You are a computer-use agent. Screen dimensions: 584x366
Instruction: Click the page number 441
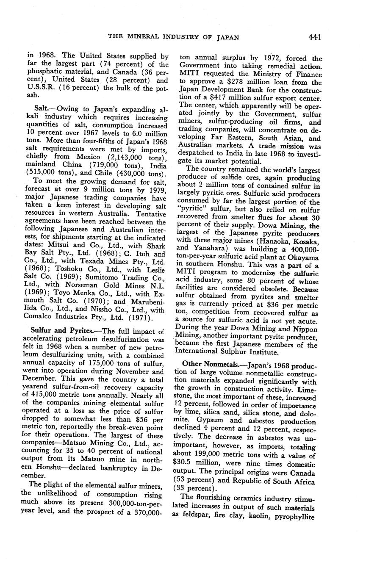click(x=315, y=37)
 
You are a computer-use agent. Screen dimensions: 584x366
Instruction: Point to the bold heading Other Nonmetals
click(x=208, y=364)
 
